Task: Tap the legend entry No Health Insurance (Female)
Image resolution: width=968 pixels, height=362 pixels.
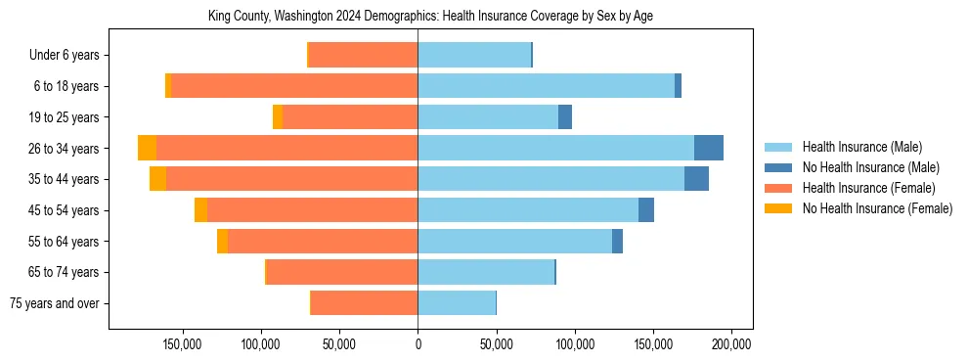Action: point(877,208)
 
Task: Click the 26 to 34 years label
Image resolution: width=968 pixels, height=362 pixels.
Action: point(64,149)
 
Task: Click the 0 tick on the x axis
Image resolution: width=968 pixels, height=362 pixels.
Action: point(418,344)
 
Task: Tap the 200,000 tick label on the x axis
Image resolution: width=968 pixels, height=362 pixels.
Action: point(731,344)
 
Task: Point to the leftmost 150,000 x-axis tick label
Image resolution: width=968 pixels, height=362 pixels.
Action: point(182,344)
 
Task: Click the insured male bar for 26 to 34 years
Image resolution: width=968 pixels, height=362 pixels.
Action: point(555,148)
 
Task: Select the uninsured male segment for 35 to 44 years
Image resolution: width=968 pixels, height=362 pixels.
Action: point(696,179)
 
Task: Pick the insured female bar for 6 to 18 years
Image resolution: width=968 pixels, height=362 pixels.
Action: point(294,86)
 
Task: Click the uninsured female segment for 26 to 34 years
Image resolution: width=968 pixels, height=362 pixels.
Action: point(147,148)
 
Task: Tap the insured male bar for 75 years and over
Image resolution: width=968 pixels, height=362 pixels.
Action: point(457,303)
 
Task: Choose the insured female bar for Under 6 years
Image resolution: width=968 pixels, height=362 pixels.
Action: point(363,55)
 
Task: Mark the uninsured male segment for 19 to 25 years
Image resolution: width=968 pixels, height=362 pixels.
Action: point(565,117)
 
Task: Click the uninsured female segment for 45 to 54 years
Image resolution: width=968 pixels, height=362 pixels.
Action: point(200,210)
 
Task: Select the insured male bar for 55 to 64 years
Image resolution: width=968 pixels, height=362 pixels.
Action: point(514,241)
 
